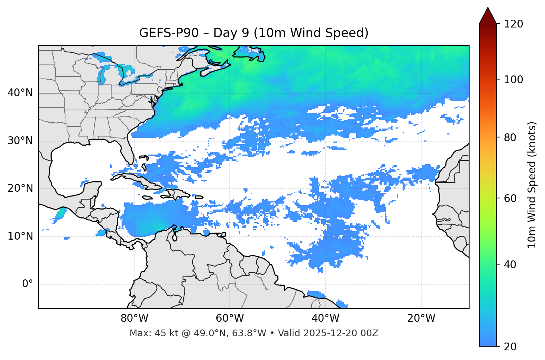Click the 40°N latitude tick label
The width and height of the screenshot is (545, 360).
[x=20, y=93]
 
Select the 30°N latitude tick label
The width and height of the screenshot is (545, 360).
[x=20, y=141]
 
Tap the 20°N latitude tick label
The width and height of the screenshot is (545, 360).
[x=20, y=188]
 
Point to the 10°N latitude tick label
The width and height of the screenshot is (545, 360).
[x=20, y=236]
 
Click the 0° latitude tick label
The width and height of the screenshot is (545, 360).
[x=28, y=284]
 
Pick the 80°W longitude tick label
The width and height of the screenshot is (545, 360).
[x=134, y=318]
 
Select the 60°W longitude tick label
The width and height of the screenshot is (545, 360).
[x=230, y=318]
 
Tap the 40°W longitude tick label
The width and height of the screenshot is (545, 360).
[x=325, y=318]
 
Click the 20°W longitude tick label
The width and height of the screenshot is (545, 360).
[x=421, y=318]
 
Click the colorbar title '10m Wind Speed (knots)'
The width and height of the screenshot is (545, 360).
[x=532, y=185]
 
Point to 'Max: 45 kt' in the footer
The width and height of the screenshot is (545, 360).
[x=148, y=333]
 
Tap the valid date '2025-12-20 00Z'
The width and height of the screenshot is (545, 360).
[x=341, y=333]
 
